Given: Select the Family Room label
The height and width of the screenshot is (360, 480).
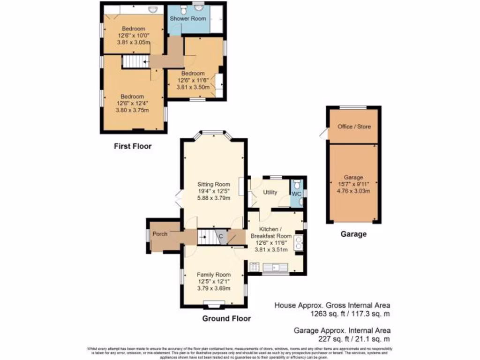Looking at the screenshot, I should click(x=213, y=275).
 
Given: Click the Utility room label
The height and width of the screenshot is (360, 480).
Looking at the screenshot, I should click(x=270, y=193).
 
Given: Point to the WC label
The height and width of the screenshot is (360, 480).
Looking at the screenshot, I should click(x=296, y=193).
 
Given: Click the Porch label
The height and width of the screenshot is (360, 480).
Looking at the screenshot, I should click(x=160, y=234).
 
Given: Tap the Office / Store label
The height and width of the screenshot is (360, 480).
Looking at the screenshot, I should click(x=353, y=127).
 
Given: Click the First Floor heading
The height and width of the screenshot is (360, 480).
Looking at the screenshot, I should click(x=133, y=146).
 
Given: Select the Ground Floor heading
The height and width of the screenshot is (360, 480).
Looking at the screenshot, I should click(x=226, y=319).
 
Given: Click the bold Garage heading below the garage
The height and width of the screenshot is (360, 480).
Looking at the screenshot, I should click(x=353, y=234).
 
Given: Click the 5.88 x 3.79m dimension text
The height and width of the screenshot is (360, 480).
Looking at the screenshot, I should click(x=213, y=198).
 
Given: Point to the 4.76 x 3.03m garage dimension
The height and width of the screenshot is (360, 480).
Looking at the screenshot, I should click(x=353, y=191).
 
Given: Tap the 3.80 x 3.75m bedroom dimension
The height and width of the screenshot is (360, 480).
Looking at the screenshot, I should click(x=133, y=111).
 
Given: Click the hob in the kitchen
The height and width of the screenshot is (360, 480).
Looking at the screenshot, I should click(x=255, y=267).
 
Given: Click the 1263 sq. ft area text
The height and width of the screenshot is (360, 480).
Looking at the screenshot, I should click(x=349, y=315).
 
